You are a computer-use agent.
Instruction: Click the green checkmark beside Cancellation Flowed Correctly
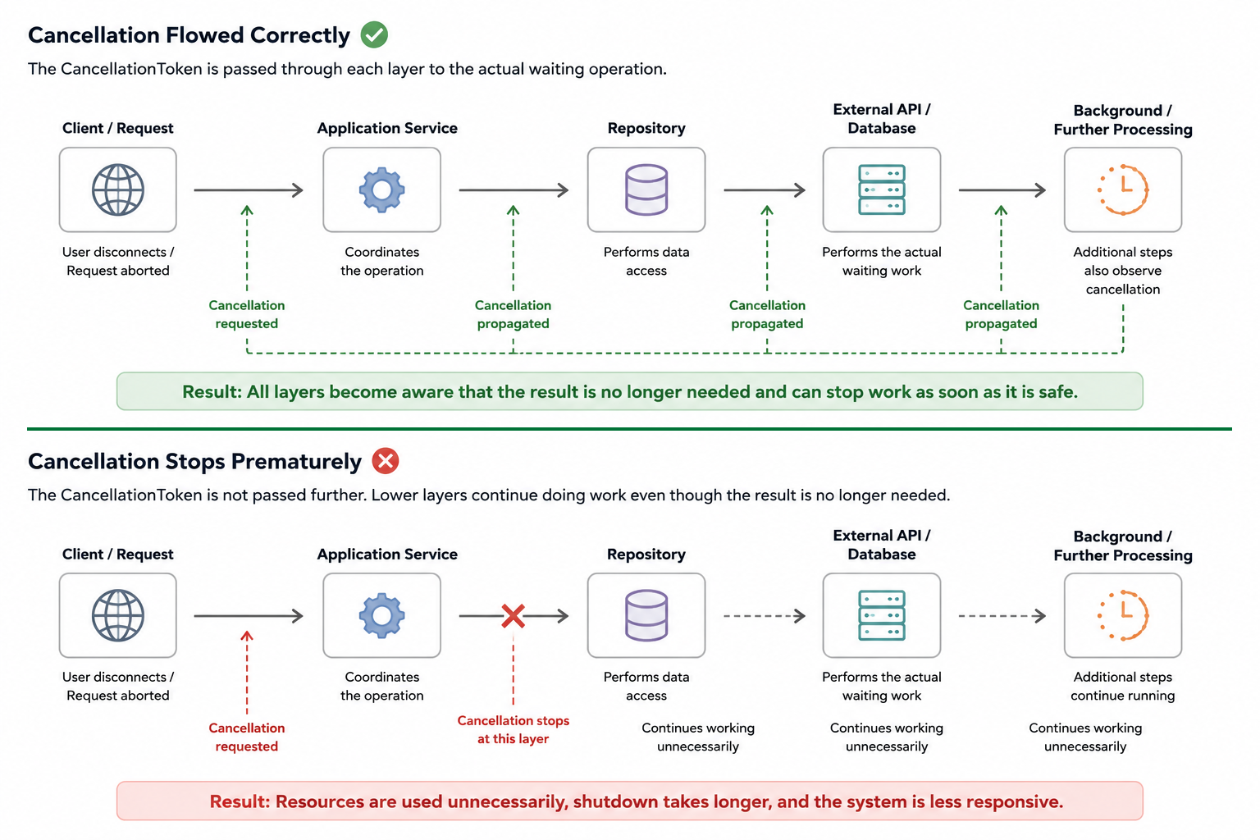[374, 34]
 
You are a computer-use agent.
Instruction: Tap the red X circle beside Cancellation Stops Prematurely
[386, 461]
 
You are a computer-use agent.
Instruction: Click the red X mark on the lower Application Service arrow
[513, 616]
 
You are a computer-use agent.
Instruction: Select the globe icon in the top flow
[118, 189]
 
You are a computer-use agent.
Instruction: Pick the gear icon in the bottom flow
[382, 615]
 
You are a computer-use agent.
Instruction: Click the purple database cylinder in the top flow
[646, 189]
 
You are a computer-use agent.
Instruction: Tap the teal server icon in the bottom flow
[882, 615]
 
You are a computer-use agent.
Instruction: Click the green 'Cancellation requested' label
[247, 314]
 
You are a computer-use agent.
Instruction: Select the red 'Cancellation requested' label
[247, 737]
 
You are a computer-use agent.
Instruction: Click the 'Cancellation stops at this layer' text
[513, 730]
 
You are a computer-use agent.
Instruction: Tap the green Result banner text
[630, 391]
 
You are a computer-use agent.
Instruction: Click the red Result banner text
[637, 801]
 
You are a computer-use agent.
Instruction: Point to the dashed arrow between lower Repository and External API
[765, 616]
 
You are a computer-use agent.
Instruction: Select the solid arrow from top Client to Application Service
[249, 190]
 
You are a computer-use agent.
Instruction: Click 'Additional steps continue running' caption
[1123, 686]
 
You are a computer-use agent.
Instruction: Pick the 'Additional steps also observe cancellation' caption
[1123, 271]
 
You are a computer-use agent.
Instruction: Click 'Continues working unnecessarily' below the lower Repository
[698, 737]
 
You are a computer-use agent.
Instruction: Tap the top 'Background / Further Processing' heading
[1123, 120]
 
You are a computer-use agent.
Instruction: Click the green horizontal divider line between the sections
[629, 429]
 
